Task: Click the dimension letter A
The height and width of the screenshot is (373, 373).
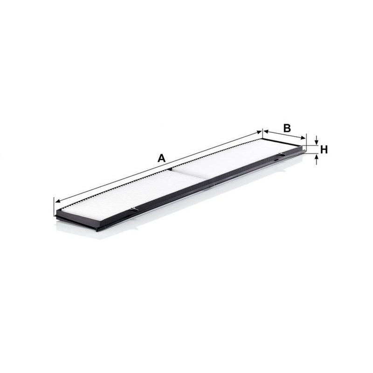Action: [x=161, y=158]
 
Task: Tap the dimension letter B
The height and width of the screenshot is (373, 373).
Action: [x=287, y=128]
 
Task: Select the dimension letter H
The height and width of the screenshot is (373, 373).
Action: [x=324, y=150]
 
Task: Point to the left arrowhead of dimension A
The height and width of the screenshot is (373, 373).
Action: [x=57, y=201]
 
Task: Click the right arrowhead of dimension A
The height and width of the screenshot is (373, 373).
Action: [x=259, y=132]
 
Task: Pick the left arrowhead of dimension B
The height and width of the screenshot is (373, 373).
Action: [x=266, y=131]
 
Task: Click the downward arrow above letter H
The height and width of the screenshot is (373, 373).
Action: [x=317, y=140]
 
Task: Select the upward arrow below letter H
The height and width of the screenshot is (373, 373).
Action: [x=317, y=159]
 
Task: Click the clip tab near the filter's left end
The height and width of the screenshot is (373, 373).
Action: [x=134, y=210]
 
